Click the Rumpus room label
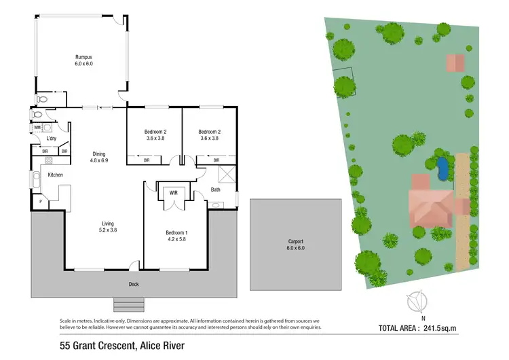pos(83,57)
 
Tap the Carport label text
pos(295,241)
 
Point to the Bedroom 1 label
pos(176,233)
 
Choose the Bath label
pos(215,190)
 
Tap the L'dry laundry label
pos(51,139)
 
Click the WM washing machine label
pos(37,127)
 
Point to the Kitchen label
pos(55,175)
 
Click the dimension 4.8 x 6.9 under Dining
pos(99,161)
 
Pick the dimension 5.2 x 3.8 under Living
pos(108,230)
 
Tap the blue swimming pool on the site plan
pos(442,167)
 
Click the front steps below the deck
pos(128,304)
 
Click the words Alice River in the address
pos(160,347)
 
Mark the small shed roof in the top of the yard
pos(455,63)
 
